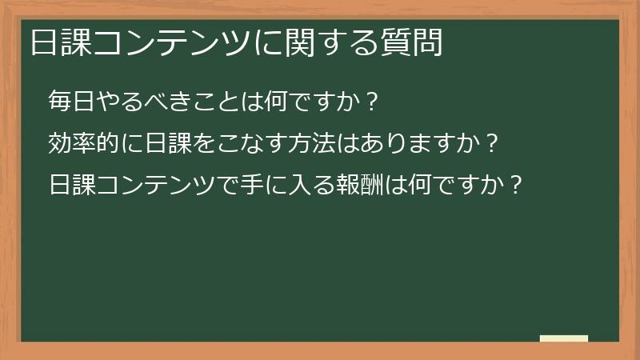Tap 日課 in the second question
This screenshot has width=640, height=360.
click(170, 144)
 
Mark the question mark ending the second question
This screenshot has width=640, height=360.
click(493, 144)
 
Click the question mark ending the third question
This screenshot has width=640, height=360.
click(516, 186)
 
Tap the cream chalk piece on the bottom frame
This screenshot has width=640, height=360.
click(564, 338)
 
